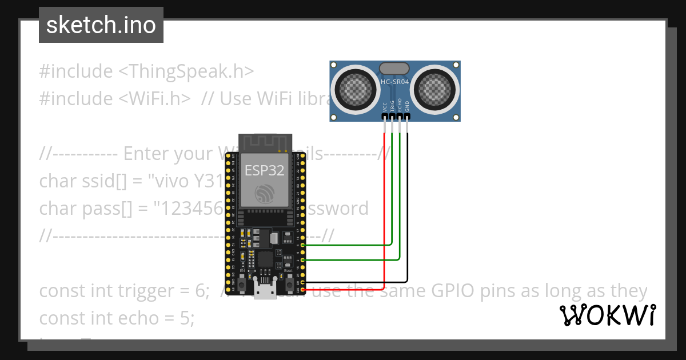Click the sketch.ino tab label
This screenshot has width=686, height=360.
click(x=101, y=25)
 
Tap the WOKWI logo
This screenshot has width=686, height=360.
click(x=608, y=315)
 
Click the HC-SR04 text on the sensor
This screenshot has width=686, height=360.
click(x=395, y=82)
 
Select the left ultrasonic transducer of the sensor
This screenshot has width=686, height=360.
click(x=356, y=88)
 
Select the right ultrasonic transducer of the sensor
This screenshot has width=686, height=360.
click(x=436, y=88)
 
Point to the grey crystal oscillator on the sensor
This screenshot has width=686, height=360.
click(x=395, y=69)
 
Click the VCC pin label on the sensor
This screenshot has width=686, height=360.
click(x=385, y=107)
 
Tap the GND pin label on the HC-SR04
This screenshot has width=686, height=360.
click(x=407, y=107)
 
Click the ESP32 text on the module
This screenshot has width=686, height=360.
click(x=264, y=170)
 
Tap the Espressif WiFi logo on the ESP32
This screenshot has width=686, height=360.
click(x=264, y=194)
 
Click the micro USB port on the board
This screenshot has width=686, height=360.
click(x=265, y=291)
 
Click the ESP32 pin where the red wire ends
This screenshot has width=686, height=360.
click(x=302, y=291)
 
